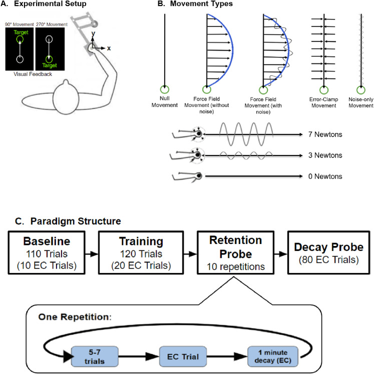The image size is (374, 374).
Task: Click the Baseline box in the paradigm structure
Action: pyautogui.click(x=47, y=252)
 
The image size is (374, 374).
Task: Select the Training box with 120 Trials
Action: pyautogui.click(x=141, y=252)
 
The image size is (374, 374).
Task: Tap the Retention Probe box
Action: pyautogui.click(x=235, y=252)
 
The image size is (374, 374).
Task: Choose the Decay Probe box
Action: pyautogui.click(x=328, y=252)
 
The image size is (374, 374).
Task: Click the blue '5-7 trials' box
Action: pyautogui.click(x=95, y=356)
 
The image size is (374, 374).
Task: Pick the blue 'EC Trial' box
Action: pyautogui.click(x=183, y=356)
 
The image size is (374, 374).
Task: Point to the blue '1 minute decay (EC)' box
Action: pyautogui.click(x=273, y=356)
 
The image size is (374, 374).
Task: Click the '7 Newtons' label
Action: pyautogui.click(x=325, y=134)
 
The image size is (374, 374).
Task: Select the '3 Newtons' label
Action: pyautogui.click(x=325, y=155)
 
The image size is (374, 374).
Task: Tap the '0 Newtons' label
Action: pyautogui.click(x=325, y=176)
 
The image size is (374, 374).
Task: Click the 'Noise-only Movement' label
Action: pyautogui.click(x=360, y=102)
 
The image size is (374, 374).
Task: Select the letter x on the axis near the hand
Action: pyautogui.click(x=109, y=48)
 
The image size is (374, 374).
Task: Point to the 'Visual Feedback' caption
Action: pyautogui.click(x=33, y=74)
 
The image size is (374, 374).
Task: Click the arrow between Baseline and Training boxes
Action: pyautogui.click(x=92, y=254)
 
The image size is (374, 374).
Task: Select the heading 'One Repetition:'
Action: pyautogui.click(x=75, y=317)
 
